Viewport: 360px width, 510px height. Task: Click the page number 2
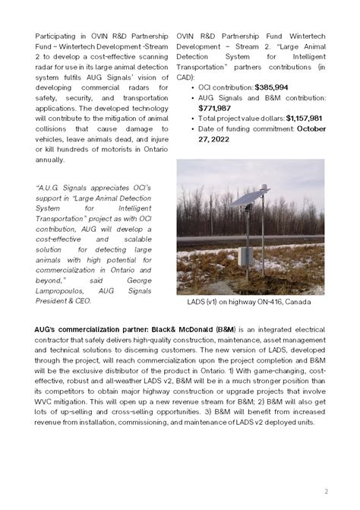325,491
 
